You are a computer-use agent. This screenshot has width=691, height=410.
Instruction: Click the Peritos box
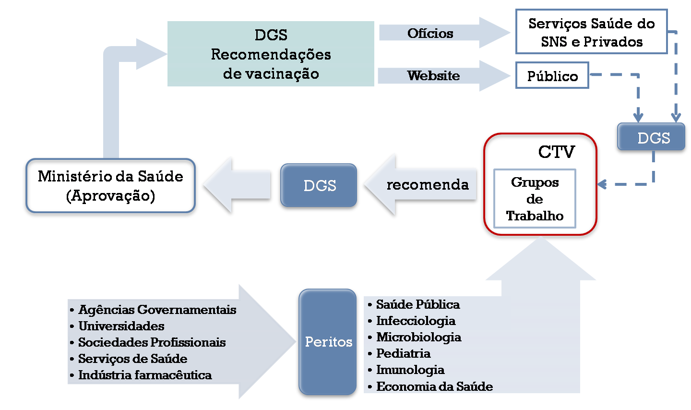(329, 342)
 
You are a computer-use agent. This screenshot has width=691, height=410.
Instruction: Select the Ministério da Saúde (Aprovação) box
(110, 186)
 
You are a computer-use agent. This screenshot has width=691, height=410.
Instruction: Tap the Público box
(552, 76)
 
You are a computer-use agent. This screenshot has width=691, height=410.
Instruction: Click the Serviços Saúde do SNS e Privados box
(591, 32)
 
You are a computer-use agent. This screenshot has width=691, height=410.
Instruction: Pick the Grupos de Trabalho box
(535, 199)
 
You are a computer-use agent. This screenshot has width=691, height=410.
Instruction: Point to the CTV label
(556, 152)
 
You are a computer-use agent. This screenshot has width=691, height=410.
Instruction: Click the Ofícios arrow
(430, 33)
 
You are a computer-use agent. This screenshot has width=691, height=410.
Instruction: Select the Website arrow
(433, 75)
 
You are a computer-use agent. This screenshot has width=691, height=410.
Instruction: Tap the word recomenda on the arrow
(427, 185)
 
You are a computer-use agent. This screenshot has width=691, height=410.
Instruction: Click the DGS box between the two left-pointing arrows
(320, 186)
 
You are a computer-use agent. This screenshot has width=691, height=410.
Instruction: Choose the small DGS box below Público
(653, 138)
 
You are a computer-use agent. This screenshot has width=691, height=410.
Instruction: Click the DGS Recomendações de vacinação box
(271, 54)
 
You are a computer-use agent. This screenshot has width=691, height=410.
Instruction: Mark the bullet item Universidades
(121, 326)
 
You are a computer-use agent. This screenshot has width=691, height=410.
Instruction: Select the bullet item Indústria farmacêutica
(145, 375)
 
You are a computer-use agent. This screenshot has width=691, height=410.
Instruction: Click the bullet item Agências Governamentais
(157, 310)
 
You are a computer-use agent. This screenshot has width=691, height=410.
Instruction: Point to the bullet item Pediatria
(403, 353)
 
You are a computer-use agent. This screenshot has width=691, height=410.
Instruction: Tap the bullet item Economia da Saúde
(434, 386)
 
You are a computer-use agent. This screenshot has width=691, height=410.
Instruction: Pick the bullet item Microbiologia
(418, 337)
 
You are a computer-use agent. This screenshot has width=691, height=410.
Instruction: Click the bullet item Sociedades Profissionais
(152, 342)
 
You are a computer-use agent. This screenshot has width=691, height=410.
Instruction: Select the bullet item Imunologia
(410, 370)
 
